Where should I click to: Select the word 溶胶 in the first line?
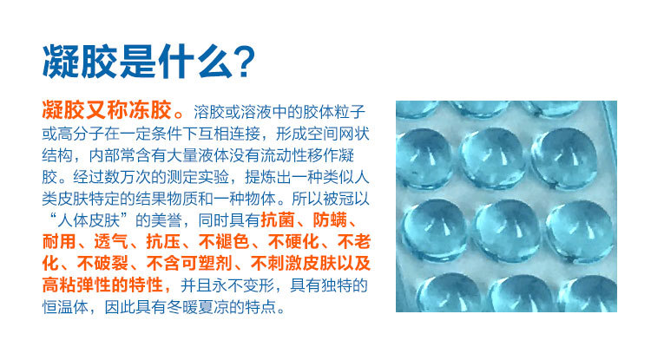click(x=214, y=112)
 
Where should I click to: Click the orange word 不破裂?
click(x=105, y=265)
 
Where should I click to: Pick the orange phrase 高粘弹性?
click(x=79, y=286)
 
